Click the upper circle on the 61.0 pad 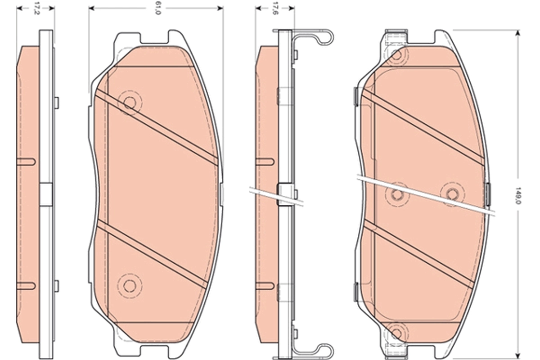(x=130, y=103)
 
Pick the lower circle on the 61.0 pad (x=130, y=285)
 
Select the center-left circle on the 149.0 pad (x=396, y=194)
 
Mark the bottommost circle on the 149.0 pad (x=396, y=333)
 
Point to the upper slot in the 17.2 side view (x=26, y=162)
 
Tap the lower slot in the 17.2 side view (x=26, y=285)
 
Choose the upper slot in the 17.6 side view (x=265, y=162)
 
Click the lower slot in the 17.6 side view (x=265, y=285)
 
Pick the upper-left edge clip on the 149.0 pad (x=355, y=96)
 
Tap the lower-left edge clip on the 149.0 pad (x=355, y=292)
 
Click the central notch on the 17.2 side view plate (x=46, y=194)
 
